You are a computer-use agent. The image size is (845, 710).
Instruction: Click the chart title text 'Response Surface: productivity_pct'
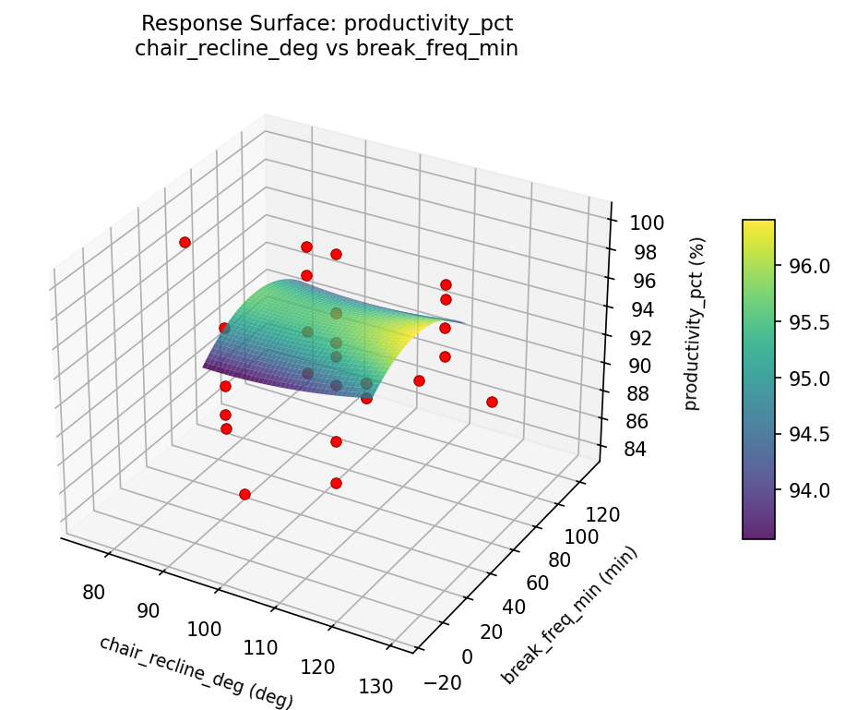(x=327, y=22)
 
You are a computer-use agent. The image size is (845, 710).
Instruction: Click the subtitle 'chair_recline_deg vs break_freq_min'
(x=327, y=48)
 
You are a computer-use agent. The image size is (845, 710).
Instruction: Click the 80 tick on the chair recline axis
(x=93, y=592)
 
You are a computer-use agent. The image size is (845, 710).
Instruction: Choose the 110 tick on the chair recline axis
(x=261, y=647)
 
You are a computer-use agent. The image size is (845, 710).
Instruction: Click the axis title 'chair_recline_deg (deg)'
(x=196, y=672)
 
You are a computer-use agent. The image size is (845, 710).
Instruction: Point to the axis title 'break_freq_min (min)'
(x=569, y=616)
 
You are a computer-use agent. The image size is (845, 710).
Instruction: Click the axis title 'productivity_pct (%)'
(x=694, y=323)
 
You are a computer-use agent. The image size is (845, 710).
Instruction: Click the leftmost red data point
(x=184, y=242)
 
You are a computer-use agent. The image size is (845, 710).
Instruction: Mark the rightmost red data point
(x=492, y=402)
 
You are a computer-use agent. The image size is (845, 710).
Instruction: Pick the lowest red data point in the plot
(x=244, y=494)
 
